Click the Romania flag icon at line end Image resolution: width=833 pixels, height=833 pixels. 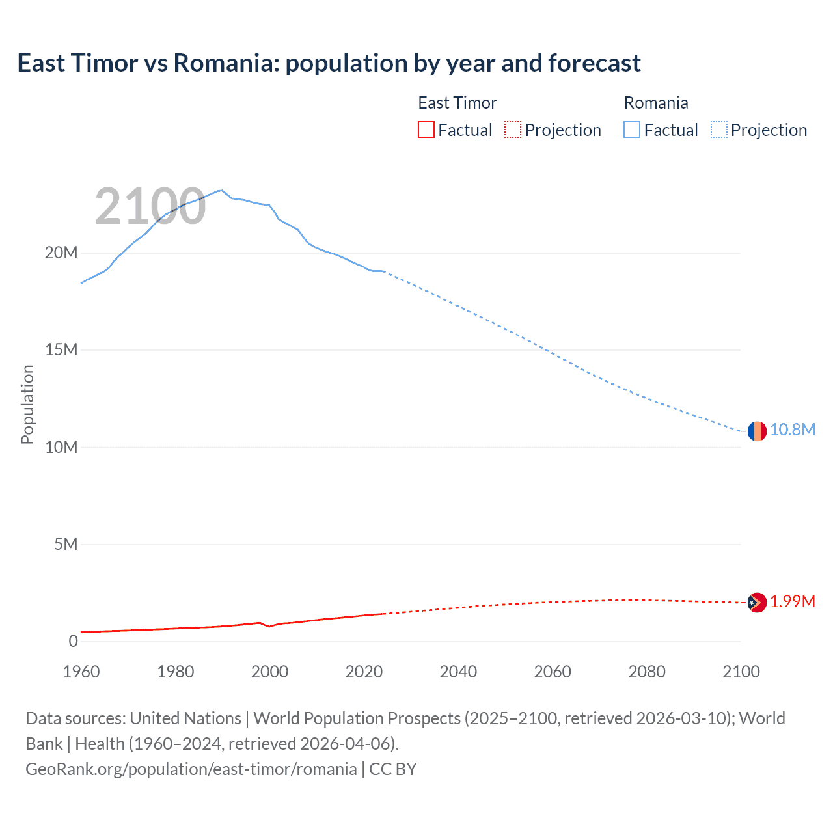coord(756,431)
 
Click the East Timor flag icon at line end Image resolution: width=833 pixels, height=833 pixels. coord(756,603)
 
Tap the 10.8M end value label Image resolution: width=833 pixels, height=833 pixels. coord(792,430)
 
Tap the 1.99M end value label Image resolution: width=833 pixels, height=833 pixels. coord(792,602)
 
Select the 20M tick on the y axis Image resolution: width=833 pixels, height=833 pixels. coord(61,253)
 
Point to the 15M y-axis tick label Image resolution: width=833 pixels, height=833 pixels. coord(61,350)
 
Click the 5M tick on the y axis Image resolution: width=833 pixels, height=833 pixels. coord(65,545)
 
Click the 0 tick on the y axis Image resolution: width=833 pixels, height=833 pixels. coord(73,642)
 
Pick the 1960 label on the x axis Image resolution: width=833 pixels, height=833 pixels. coord(81,672)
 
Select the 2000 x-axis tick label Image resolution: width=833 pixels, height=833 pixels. coord(269,672)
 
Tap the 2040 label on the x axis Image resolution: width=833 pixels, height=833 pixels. coord(458,672)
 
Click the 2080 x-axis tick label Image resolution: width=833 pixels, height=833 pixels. coord(647,672)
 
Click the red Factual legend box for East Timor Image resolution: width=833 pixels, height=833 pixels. coord(426,130)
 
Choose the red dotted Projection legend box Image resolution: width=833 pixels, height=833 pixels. coord(513,130)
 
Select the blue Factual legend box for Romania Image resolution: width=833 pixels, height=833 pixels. coord(632,130)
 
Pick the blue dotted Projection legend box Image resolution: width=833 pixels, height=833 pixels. coord(719,130)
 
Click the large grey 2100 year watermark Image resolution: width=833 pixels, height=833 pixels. coord(150,207)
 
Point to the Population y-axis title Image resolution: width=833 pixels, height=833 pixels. coord(27,404)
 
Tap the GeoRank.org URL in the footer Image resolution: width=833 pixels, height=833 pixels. coord(191,769)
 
